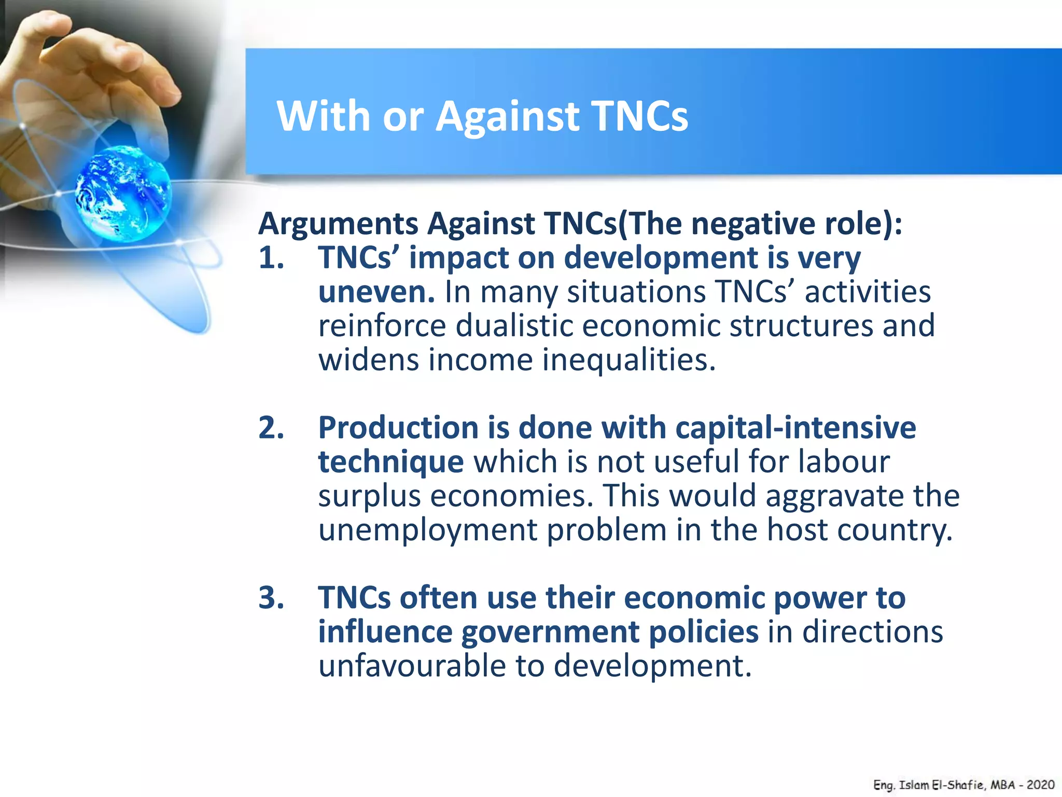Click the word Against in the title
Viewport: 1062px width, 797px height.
[x=507, y=116]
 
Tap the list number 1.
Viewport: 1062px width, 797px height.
[x=271, y=258]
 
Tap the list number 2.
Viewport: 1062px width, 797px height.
[x=271, y=428]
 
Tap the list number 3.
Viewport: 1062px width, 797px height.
[x=271, y=598]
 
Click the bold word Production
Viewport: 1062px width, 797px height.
[x=398, y=428]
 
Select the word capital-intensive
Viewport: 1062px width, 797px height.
[x=795, y=428]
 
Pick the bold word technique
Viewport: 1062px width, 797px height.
[x=390, y=462]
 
